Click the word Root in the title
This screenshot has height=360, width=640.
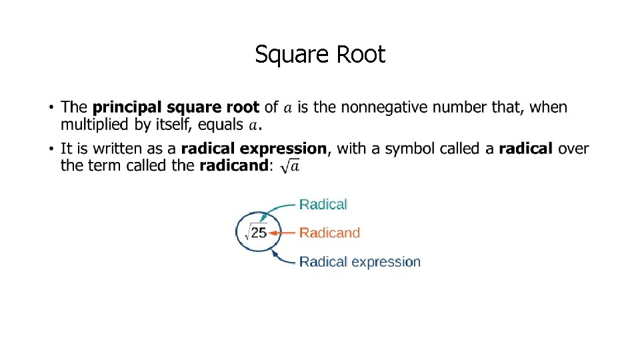[x=361, y=55]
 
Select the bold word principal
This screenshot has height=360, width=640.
[x=126, y=107]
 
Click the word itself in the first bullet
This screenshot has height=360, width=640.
[x=171, y=125]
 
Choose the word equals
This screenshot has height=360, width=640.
[x=221, y=125]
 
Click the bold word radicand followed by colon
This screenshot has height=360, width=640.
[x=233, y=165]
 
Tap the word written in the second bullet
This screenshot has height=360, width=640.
[x=114, y=148]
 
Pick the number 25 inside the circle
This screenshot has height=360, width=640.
[x=259, y=233]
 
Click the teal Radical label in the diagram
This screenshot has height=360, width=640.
[x=323, y=204]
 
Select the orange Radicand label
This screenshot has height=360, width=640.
[x=329, y=233]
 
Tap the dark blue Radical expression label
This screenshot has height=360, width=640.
[x=360, y=261]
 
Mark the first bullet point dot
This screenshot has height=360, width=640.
[x=51, y=107]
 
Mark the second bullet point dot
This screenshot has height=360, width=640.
[x=51, y=149]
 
